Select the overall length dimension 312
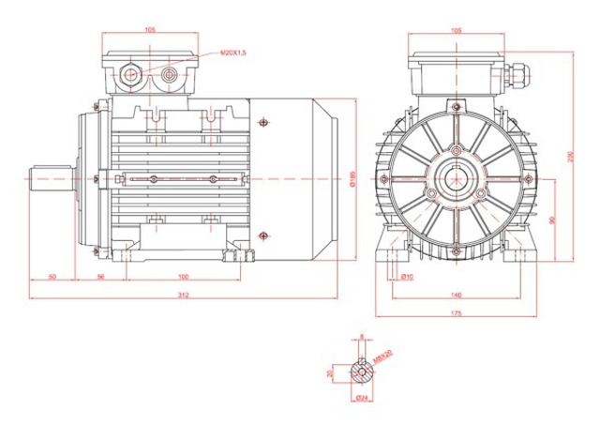point(183,295)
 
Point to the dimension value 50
point(52,277)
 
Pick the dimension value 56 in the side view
point(100,277)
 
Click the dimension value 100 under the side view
point(183,277)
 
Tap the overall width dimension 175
point(457,312)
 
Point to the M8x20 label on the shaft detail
point(381,357)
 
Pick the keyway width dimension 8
point(361,336)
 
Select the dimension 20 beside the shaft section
point(330,372)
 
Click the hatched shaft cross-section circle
point(361,372)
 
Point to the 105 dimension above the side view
point(150,30)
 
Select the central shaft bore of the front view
point(457,177)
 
